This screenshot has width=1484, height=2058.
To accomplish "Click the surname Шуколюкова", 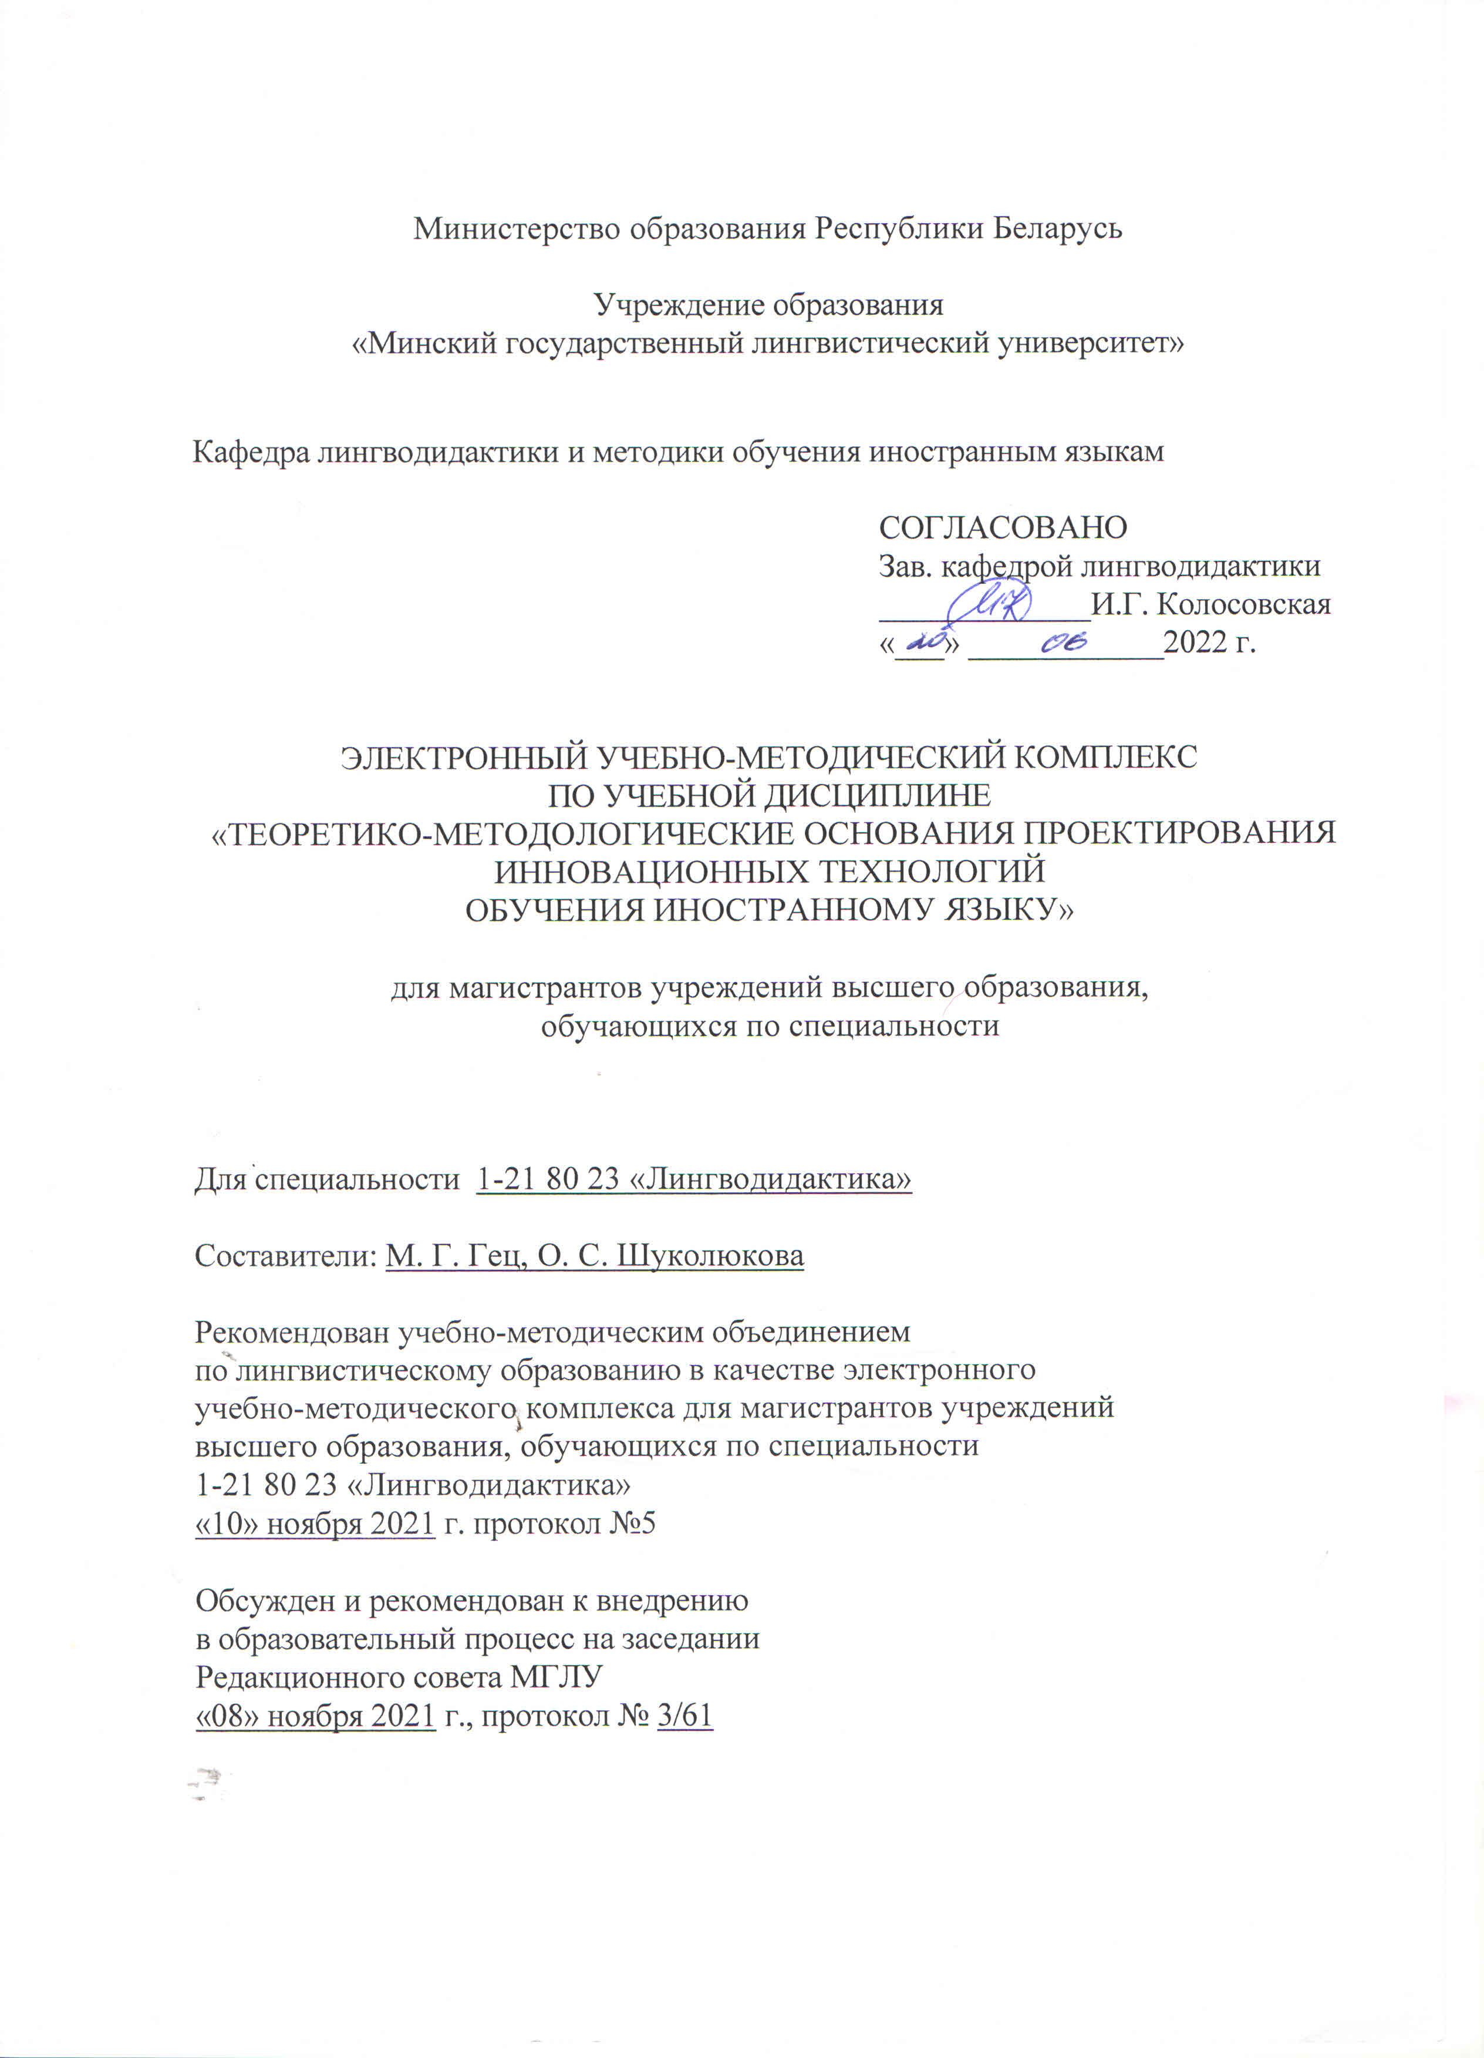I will pyautogui.click(x=709, y=1256).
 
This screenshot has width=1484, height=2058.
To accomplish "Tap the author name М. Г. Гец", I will pyautogui.click(x=454, y=1256).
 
